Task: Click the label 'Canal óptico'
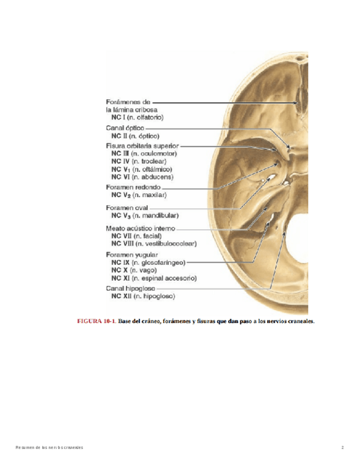point(125,127)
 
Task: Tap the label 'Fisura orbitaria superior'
point(142,146)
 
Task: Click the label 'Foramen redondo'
point(129,187)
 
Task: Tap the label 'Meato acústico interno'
point(140,228)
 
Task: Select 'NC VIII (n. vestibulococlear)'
point(154,243)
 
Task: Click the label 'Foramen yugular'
point(131,255)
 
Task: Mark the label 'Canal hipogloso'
point(130,288)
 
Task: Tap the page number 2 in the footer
point(342,448)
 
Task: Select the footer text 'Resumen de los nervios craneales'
point(49,448)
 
